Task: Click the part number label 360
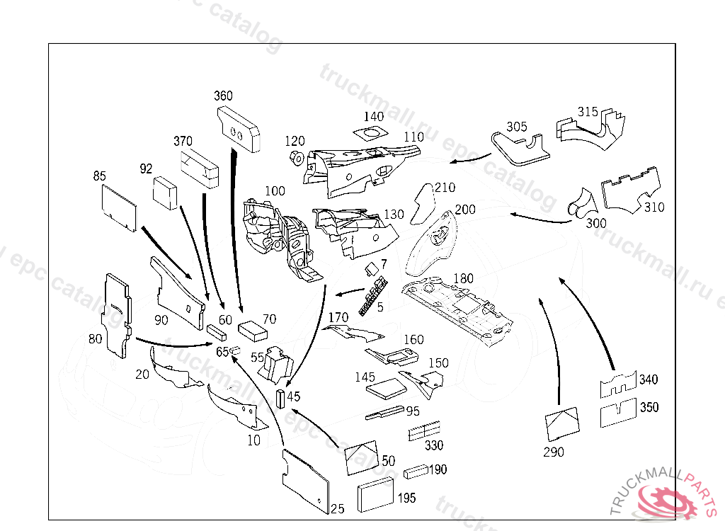click(223, 96)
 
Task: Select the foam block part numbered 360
click(239, 128)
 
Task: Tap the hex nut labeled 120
click(297, 156)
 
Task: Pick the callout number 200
click(465, 210)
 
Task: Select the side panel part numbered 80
click(116, 312)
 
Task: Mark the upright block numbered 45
click(280, 399)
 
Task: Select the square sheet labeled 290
click(562, 422)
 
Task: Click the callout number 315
click(588, 112)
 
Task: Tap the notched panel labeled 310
click(633, 189)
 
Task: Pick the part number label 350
click(649, 407)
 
